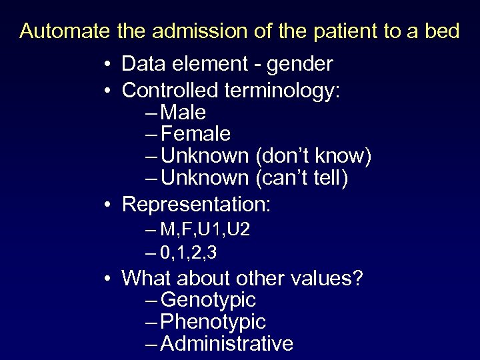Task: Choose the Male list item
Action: [183, 112]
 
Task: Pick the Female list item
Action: [195, 134]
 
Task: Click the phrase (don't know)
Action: [313, 156]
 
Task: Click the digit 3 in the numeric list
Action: [211, 253]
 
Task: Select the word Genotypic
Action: [208, 299]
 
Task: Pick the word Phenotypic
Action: [213, 321]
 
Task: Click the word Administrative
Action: [227, 343]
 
